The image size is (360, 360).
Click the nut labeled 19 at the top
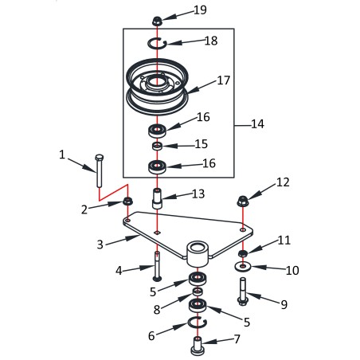[x=157, y=21]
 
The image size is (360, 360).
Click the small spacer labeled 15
[x=158, y=146]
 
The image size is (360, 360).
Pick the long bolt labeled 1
[x=99, y=170]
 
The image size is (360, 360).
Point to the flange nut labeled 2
[x=127, y=202]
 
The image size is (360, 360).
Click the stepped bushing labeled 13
[x=157, y=199]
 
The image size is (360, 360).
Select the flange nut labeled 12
[x=243, y=201]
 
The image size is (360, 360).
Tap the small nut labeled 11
[x=243, y=253]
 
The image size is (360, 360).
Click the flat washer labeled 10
[x=243, y=266]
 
